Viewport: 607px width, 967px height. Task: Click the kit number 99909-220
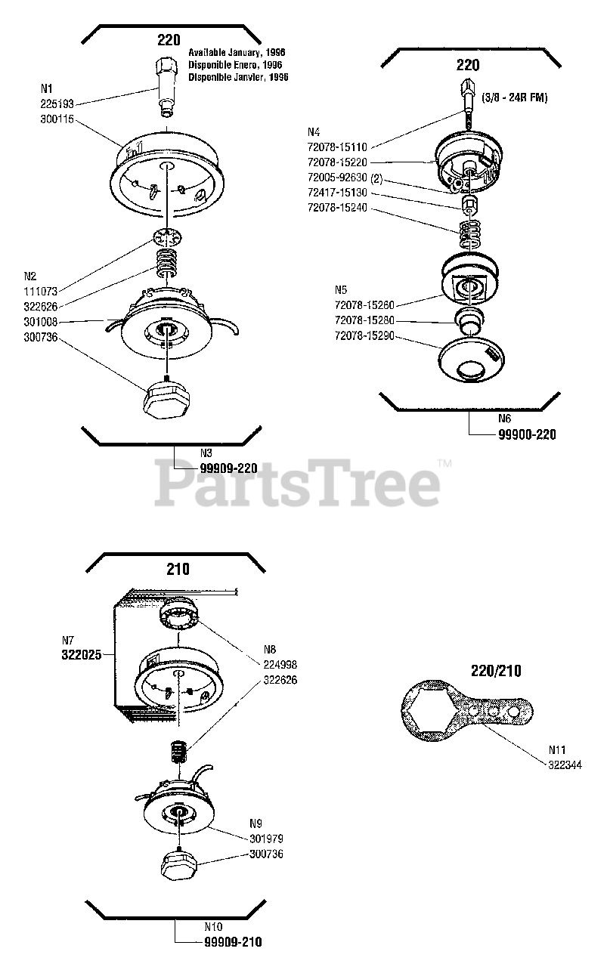click(229, 468)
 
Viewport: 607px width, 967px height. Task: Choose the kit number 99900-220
click(527, 435)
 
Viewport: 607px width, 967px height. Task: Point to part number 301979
click(266, 839)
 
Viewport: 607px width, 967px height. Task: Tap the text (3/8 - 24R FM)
click(514, 98)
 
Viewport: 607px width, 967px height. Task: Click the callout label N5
click(342, 289)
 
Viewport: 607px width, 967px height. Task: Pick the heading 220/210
click(496, 670)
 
